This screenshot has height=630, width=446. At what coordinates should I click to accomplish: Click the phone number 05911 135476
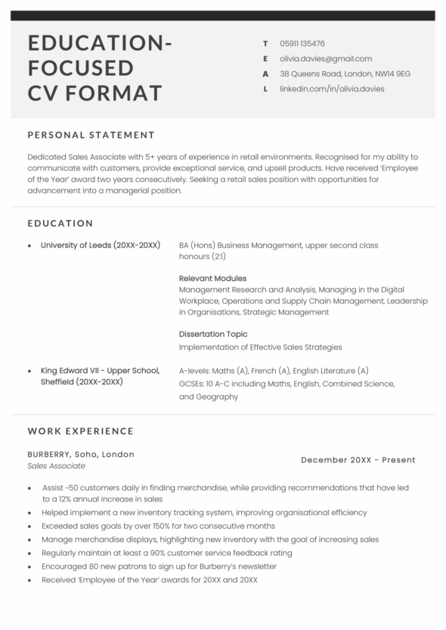[x=302, y=44]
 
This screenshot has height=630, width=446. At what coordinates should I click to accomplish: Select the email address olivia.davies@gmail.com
[x=326, y=58]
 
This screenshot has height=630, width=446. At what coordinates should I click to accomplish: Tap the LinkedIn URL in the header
[x=332, y=88]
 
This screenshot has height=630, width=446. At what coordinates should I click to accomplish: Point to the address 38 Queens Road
[x=345, y=73]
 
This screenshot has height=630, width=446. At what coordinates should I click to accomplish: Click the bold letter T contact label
[x=265, y=44]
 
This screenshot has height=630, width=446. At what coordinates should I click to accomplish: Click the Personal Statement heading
[x=91, y=135]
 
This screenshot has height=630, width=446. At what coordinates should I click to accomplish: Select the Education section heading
[x=60, y=224]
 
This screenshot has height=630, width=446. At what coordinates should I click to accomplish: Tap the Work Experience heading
[x=80, y=431]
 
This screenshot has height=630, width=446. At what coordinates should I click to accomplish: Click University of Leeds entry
[x=100, y=246]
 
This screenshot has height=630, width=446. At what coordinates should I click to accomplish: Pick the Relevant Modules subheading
[x=212, y=278]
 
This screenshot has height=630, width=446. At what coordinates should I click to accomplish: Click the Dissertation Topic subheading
[x=213, y=334]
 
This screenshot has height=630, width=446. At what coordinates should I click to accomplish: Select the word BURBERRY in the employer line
[x=48, y=455]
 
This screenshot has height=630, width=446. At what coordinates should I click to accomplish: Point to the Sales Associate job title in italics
[x=57, y=467]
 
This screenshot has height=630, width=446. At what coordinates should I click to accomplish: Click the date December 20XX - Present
[x=358, y=460]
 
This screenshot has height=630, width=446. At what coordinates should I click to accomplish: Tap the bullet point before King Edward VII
[x=29, y=372]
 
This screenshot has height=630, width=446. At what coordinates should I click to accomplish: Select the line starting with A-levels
[x=274, y=371]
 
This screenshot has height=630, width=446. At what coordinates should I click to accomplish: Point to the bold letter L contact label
[x=265, y=88]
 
